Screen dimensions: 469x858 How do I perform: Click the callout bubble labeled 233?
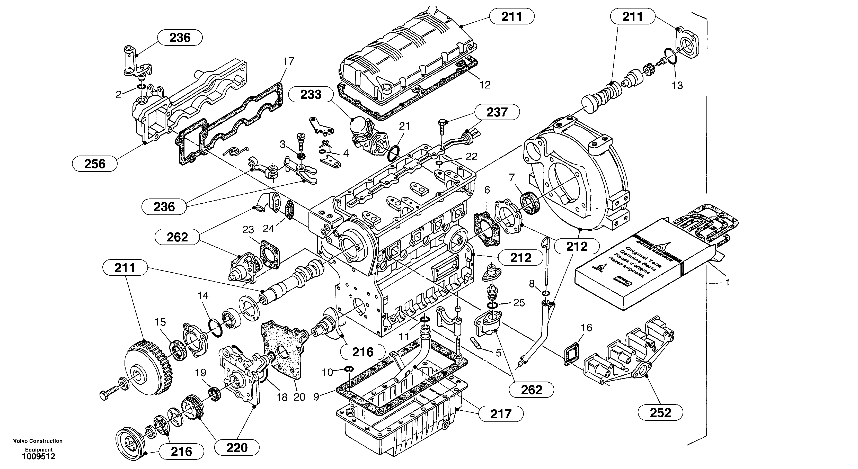tap(311, 95)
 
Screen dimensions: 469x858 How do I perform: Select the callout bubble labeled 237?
tap(497, 112)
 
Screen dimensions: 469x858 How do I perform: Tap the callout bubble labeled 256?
tap(95, 164)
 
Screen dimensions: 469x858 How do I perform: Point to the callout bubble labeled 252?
tap(660, 413)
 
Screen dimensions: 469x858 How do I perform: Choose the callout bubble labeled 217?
tap(501, 414)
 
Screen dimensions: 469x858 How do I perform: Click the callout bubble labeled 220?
tap(237, 448)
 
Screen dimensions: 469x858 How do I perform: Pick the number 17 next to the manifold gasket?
tap(288, 61)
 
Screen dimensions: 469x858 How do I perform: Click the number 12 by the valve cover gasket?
tap(485, 85)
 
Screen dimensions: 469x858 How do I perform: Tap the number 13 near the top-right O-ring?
tap(677, 86)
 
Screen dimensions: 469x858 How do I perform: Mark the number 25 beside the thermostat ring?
tap(519, 303)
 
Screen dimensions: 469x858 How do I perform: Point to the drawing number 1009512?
tap(38, 457)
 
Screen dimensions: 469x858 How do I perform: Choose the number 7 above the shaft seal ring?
tap(512, 177)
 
